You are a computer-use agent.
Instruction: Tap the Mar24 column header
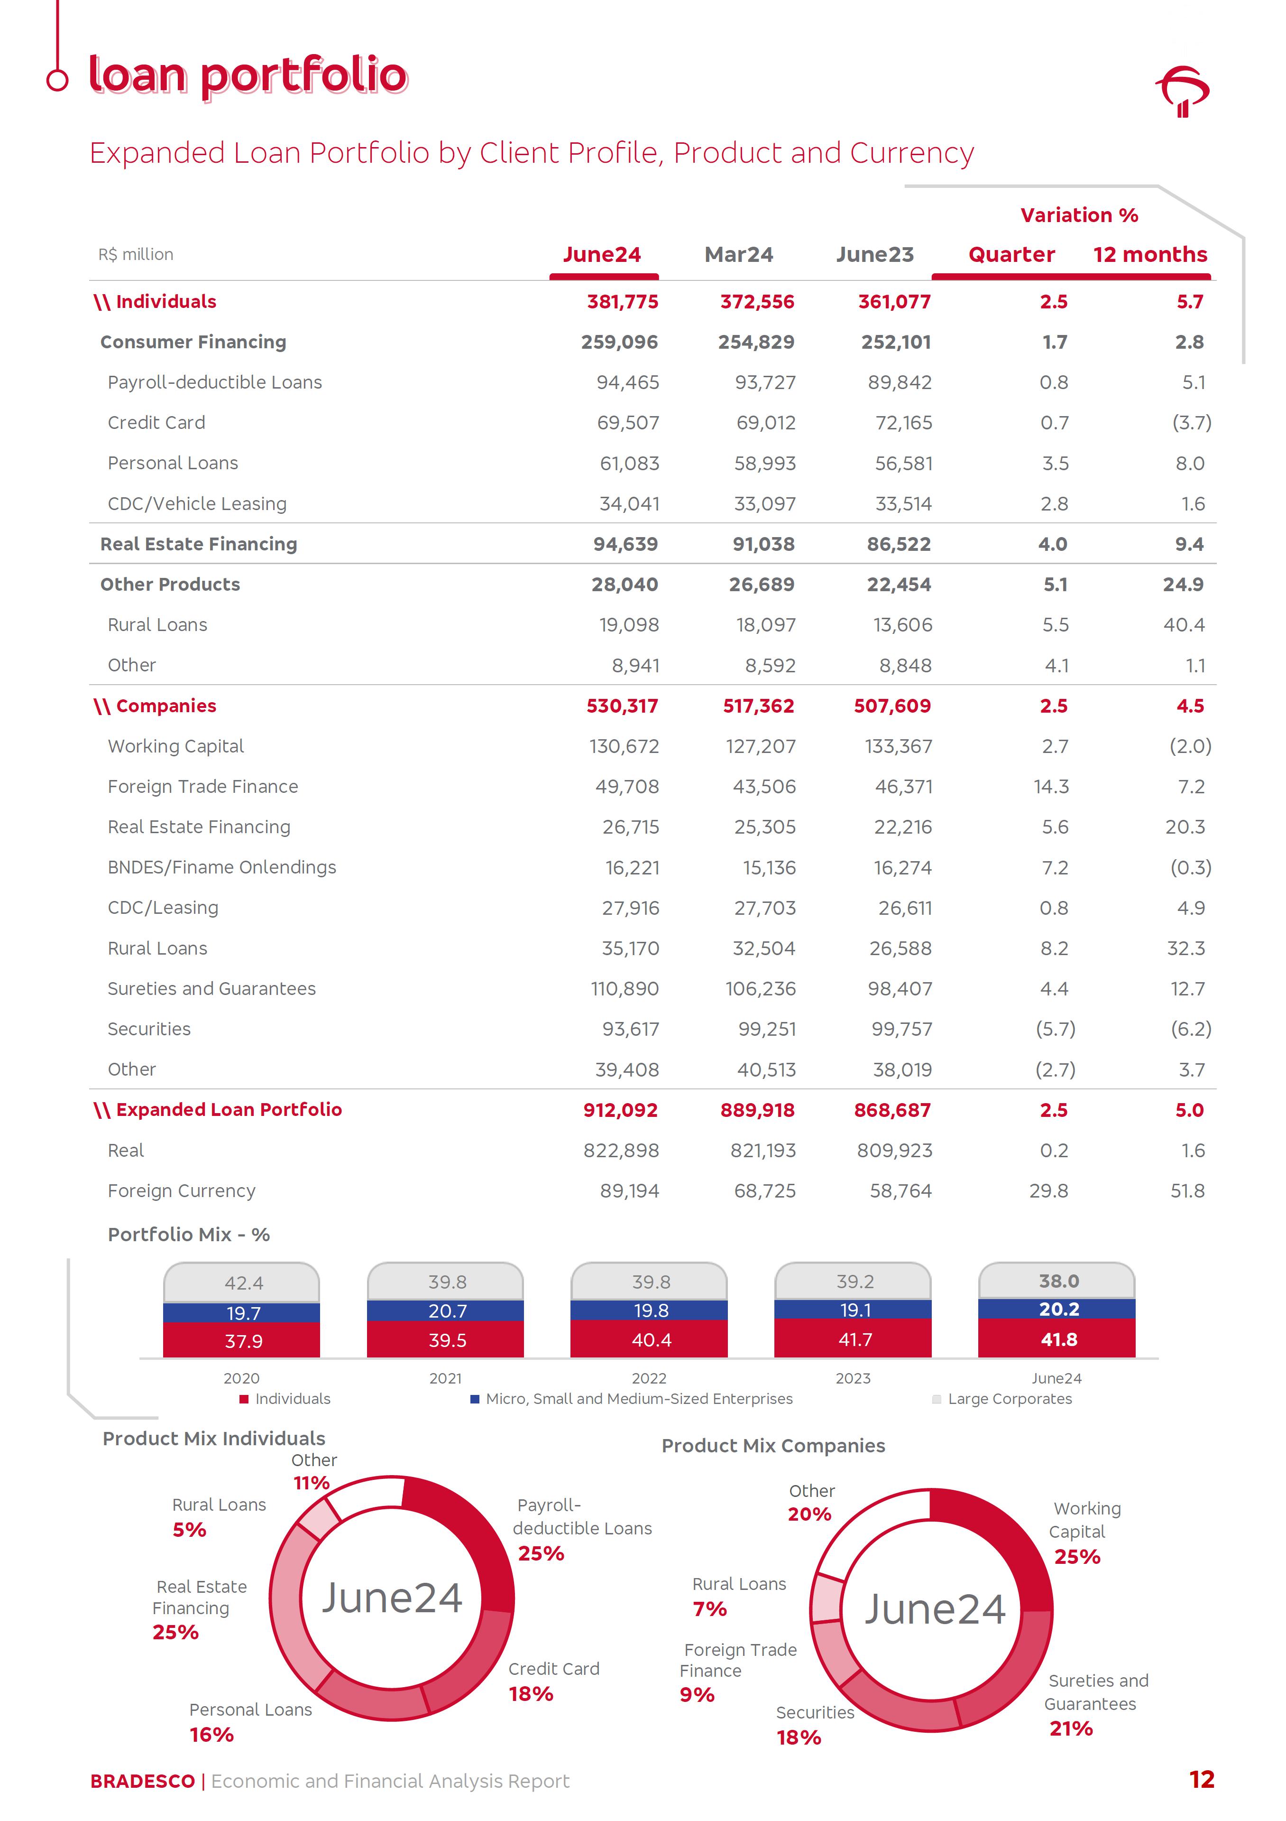[x=738, y=255]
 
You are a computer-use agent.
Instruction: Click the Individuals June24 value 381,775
[x=623, y=302]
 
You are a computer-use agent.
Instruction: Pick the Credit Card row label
[x=156, y=423]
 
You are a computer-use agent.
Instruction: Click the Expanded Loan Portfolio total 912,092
[x=620, y=1110]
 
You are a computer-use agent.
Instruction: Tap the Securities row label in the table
[x=149, y=1030]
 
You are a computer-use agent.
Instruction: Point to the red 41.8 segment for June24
[x=1058, y=1339]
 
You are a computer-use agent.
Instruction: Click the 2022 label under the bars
[x=649, y=1378]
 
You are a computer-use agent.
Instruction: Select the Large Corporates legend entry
[x=1009, y=1399]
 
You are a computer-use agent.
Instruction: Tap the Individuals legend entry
[x=292, y=1399]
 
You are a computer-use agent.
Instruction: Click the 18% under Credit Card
[x=531, y=1694]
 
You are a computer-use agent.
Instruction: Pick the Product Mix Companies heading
[x=773, y=1446]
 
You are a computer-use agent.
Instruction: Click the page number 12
[x=1201, y=1780]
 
